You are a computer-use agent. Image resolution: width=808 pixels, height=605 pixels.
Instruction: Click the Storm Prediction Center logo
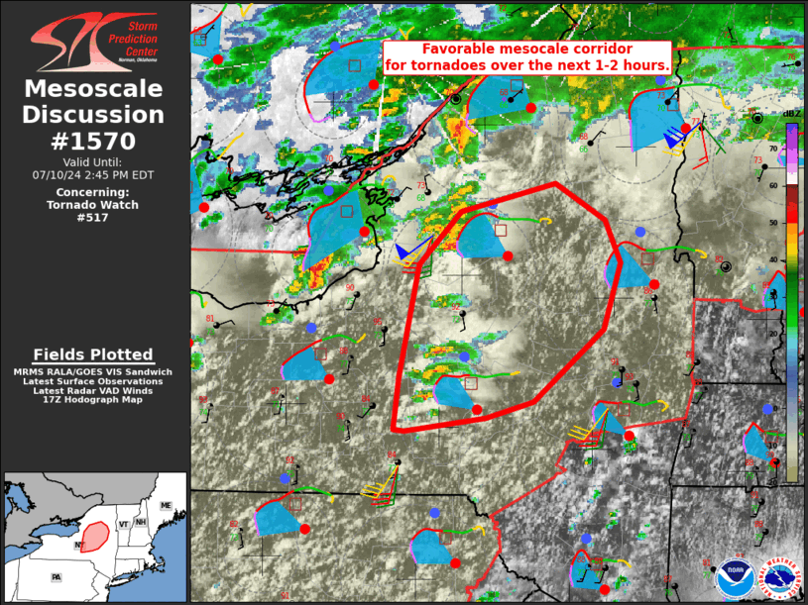click(95, 41)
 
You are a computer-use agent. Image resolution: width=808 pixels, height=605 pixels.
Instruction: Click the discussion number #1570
click(95, 140)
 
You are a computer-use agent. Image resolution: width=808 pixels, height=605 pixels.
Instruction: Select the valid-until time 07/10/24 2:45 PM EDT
click(95, 174)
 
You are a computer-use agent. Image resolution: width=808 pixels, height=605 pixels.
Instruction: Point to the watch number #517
click(95, 218)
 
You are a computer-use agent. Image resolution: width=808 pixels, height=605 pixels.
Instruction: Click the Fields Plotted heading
click(93, 354)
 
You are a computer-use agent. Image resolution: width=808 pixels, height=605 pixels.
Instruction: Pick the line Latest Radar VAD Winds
click(93, 391)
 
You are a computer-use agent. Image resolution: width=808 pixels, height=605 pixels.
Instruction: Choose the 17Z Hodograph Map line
click(93, 401)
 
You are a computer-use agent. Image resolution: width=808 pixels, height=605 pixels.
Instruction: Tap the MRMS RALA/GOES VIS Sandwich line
click(93, 371)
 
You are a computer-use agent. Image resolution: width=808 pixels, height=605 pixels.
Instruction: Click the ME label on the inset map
click(166, 506)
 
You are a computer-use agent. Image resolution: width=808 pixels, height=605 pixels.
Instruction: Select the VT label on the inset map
click(123, 523)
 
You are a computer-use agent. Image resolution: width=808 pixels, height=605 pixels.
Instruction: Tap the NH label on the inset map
click(142, 523)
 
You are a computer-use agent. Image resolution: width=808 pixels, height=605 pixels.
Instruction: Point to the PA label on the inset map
click(57, 575)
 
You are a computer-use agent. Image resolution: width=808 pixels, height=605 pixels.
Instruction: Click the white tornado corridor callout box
click(527, 56)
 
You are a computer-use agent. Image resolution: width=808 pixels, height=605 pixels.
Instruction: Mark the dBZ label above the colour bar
click(791, 114)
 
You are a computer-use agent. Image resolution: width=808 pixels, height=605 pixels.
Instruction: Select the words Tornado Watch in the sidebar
click(95, 205)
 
